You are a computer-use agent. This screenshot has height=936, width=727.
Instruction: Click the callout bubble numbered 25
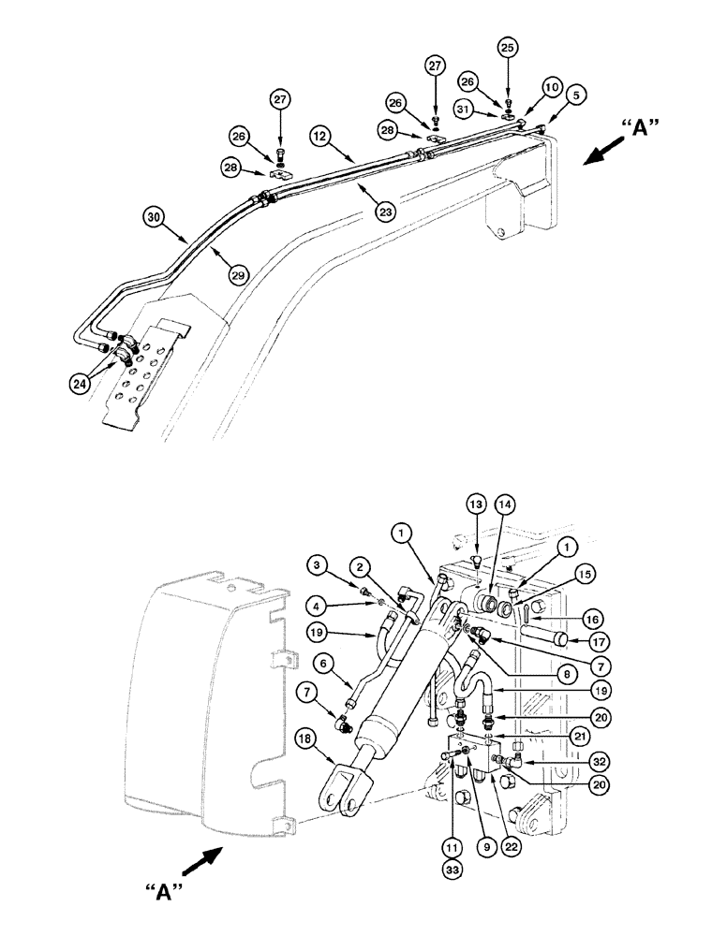tap(507, 46)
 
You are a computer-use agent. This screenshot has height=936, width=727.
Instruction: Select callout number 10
tap(553, 87)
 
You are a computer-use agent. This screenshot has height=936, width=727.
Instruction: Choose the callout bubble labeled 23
tap(385, 212)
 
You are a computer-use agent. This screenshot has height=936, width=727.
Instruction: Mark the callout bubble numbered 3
tap(319, 564)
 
